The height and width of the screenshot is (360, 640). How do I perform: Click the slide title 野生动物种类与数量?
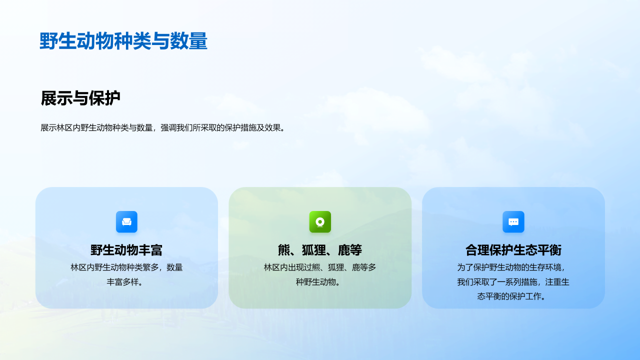pos(123,41)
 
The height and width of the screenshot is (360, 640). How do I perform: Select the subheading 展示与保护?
pos(80,98)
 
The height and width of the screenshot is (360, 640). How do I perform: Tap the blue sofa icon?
pos(126,221)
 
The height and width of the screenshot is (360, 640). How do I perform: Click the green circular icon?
pos(320,221)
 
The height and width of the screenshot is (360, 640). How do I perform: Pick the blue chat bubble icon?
pos(513,221)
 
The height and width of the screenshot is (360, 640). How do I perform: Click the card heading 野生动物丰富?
pos(126,250)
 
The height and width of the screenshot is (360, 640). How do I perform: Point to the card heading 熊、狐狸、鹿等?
pos(320,250)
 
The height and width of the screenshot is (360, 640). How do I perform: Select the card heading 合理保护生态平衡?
pos(513,250)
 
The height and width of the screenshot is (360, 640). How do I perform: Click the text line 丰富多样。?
pos(124,282)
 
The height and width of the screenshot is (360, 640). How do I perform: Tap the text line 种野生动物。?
pos(318,282)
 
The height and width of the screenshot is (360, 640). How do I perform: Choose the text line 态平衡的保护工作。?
pos(511,296)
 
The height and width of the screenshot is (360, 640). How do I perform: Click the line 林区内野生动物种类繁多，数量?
pos(126,267)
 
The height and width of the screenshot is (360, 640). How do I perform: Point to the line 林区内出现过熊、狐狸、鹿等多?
pos(320,267)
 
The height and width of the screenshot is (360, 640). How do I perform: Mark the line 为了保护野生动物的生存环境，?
pos(511,267)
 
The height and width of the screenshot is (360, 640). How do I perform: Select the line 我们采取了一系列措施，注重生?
pos(513,282)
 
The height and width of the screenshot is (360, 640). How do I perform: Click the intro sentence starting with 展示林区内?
pos(163,127)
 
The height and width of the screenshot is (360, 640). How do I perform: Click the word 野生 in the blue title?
pos(58,41)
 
